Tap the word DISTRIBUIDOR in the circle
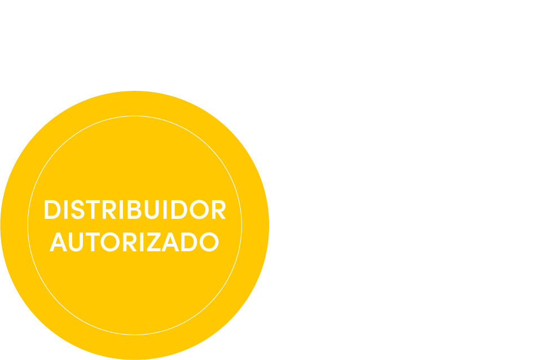(x=135, y=210)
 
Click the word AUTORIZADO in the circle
(x=135, y=242)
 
